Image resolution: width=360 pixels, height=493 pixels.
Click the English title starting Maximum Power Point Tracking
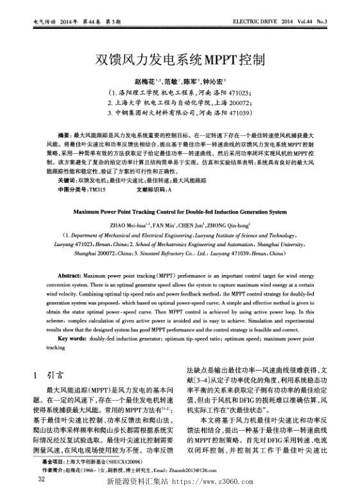pos(180,210)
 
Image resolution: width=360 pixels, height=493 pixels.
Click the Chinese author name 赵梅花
pos(143,83)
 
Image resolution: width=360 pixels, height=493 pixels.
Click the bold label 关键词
pos(67,181)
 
